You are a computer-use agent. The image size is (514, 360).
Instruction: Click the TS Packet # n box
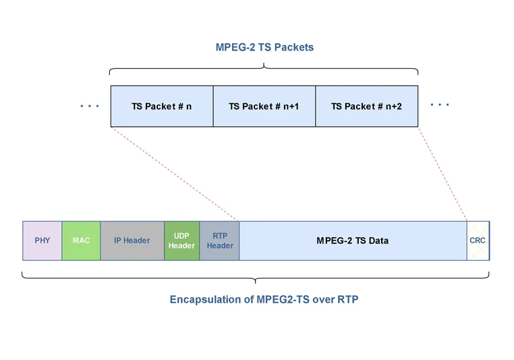[162, 106]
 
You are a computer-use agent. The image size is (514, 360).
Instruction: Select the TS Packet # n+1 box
[264, 106]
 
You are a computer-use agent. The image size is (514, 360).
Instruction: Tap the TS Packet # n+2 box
[366, 106]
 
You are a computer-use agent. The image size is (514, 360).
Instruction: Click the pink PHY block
[42, 241]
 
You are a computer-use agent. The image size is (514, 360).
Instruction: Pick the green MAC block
[81, 241]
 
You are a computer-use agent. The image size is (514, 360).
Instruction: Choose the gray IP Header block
[132, 241]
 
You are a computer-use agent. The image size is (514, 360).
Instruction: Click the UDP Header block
[181, 241]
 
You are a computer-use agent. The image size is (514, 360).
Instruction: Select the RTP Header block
[220, 241]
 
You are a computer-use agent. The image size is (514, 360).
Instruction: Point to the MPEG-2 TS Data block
[352, 241]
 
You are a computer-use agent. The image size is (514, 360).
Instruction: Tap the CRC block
[478, 241]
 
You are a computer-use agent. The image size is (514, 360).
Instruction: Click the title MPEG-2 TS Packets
[264, 47]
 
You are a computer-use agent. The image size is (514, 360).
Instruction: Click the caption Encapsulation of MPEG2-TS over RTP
[264, 299]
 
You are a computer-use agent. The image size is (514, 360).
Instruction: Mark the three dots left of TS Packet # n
[90, 106]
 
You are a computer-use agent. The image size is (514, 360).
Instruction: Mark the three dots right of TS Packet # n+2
[440, 104]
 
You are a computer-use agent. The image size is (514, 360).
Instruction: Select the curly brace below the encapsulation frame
[256, 278]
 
